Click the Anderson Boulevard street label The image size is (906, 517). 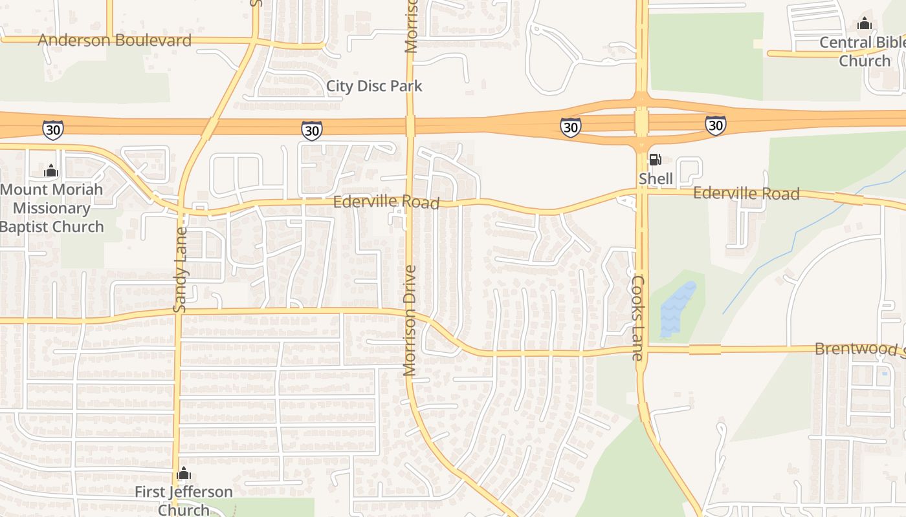coord(115,40)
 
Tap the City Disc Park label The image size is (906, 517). coord(374,86)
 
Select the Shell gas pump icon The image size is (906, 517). coord(655,159)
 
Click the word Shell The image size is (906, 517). coord(656,178)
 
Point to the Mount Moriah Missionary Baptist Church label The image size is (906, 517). coord(51,208)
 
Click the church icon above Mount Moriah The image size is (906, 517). coord(50,171)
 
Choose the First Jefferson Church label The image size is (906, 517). coord(184,500)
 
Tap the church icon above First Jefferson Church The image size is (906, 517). coord(184,473)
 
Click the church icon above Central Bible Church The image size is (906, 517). coord(864,24)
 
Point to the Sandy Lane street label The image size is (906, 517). coord(181,270)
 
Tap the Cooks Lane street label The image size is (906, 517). coord(638,318)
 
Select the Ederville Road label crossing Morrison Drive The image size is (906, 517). coord(386,202)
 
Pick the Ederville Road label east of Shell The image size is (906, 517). coord(746,193)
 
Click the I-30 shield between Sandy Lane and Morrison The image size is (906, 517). coord(312,130)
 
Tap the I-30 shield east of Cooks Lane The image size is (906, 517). coord(715,125)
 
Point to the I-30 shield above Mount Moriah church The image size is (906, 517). coord(53,130)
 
